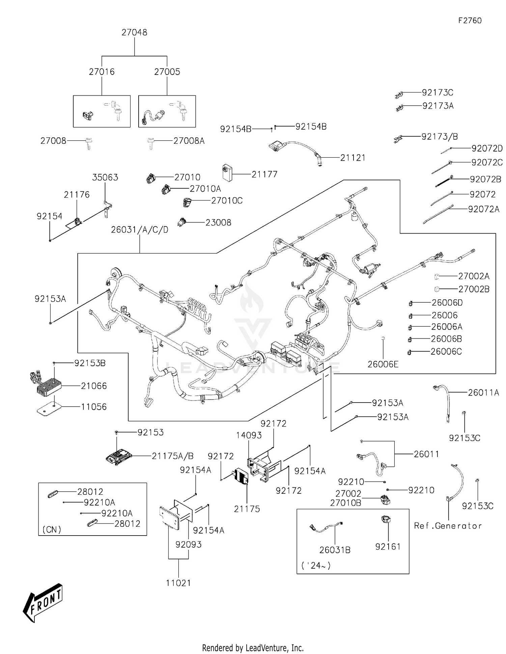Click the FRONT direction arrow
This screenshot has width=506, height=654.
[x=43, y=603]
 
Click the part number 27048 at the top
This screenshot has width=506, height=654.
[x=134, y=32]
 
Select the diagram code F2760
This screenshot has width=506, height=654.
[x=470, y=21]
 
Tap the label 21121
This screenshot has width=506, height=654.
[x=353, y=158]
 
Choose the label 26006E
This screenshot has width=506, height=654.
[x=383, y=364]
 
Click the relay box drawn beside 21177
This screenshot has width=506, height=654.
[x=227, y=173]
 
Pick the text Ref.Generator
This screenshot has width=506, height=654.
[x=448, y=526]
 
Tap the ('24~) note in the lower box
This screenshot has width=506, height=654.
[x=316, y=566]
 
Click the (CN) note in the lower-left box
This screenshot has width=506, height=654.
[x=52, y=529]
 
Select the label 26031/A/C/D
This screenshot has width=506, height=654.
[x=140, y=230]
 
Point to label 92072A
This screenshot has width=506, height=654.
[x=483, y=209]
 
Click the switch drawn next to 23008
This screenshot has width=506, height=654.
[x=182, y=222]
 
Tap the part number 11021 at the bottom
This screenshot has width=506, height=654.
[x=178, y=583]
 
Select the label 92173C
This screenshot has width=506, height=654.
[x=438, y=92]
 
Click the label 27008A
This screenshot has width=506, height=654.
[x=189, y=141]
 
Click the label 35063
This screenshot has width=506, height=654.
[x=105, y=178]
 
